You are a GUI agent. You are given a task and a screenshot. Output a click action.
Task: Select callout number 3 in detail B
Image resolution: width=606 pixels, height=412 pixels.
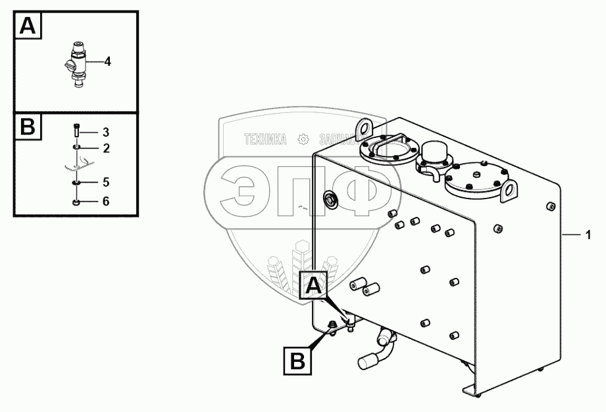tap(105, 132)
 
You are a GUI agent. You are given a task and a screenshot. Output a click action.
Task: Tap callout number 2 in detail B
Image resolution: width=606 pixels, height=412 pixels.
tap(105, 148)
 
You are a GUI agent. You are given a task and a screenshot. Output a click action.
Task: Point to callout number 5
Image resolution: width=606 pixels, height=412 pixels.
tap(105, 181)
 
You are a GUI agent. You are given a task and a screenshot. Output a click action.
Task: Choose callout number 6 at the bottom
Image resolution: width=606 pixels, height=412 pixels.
tap(105, 202)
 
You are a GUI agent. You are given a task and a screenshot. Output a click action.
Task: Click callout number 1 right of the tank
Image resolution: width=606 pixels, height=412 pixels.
tap(588, 234)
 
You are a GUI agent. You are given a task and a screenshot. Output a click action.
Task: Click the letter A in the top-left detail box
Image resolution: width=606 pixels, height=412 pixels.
tap(28, 26)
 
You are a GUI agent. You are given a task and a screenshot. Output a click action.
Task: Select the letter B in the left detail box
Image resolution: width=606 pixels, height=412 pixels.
tap(28, 127)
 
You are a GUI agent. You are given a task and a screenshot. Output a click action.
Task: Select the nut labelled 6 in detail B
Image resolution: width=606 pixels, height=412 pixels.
tap(76, 202)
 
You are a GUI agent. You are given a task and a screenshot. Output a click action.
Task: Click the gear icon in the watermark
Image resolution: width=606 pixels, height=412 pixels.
tap(303, 139)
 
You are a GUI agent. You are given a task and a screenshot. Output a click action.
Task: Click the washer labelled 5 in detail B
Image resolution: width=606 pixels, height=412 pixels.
tap(76, 182)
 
